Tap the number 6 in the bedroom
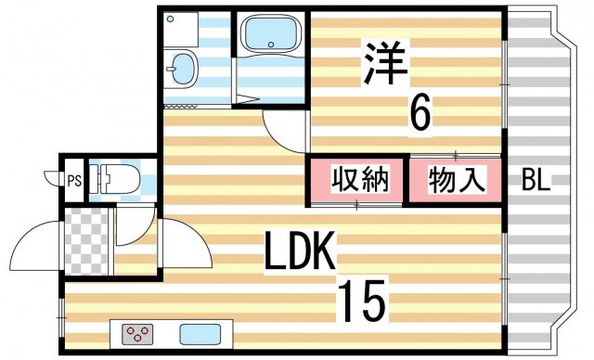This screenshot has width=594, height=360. coord(420,114)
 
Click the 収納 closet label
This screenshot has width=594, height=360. coord(356,179)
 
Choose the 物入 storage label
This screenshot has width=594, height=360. coord(456,179)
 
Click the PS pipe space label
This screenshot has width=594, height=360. coord(73,180)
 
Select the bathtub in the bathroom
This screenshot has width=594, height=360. coord(268,37)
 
